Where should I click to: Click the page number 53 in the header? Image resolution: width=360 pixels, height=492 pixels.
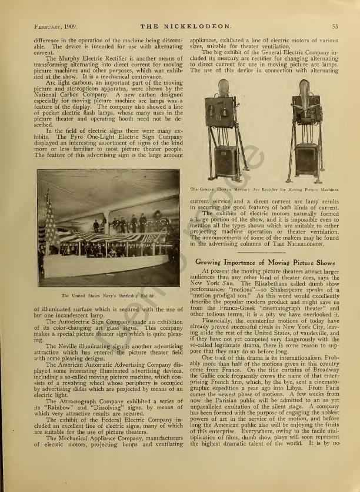click(x=335, y=26)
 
